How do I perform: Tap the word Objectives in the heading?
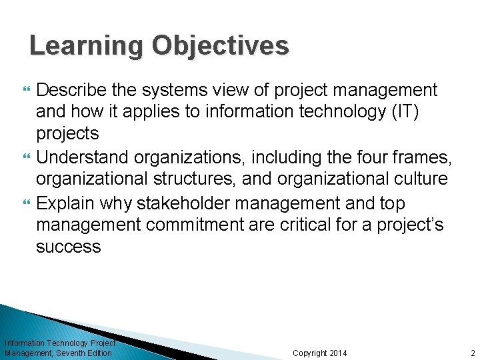point(220,46)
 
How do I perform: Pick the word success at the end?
point(68,247)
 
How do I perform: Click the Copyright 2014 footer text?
point(320,353)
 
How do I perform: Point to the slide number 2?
point(472,353)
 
